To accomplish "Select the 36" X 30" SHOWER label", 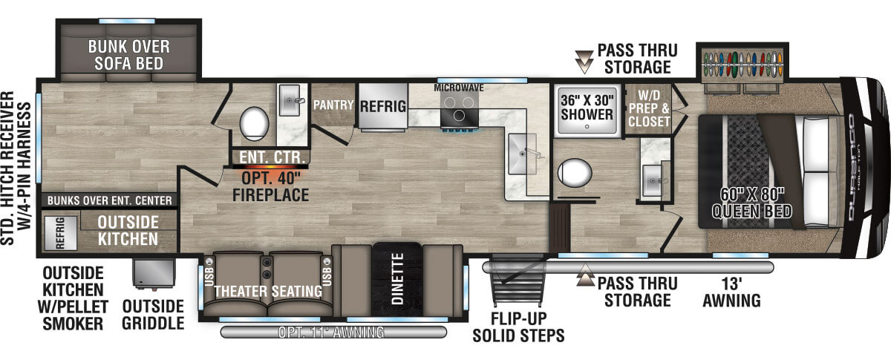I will pos(587,107).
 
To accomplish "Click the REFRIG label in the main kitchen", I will pos(382,106).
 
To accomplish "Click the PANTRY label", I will pos(333,105).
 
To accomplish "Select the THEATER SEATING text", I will pos(268,292).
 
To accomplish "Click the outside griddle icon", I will pos(153,275).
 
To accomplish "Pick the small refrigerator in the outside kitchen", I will pos(59,232).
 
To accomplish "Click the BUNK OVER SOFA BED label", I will pos(128,55).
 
